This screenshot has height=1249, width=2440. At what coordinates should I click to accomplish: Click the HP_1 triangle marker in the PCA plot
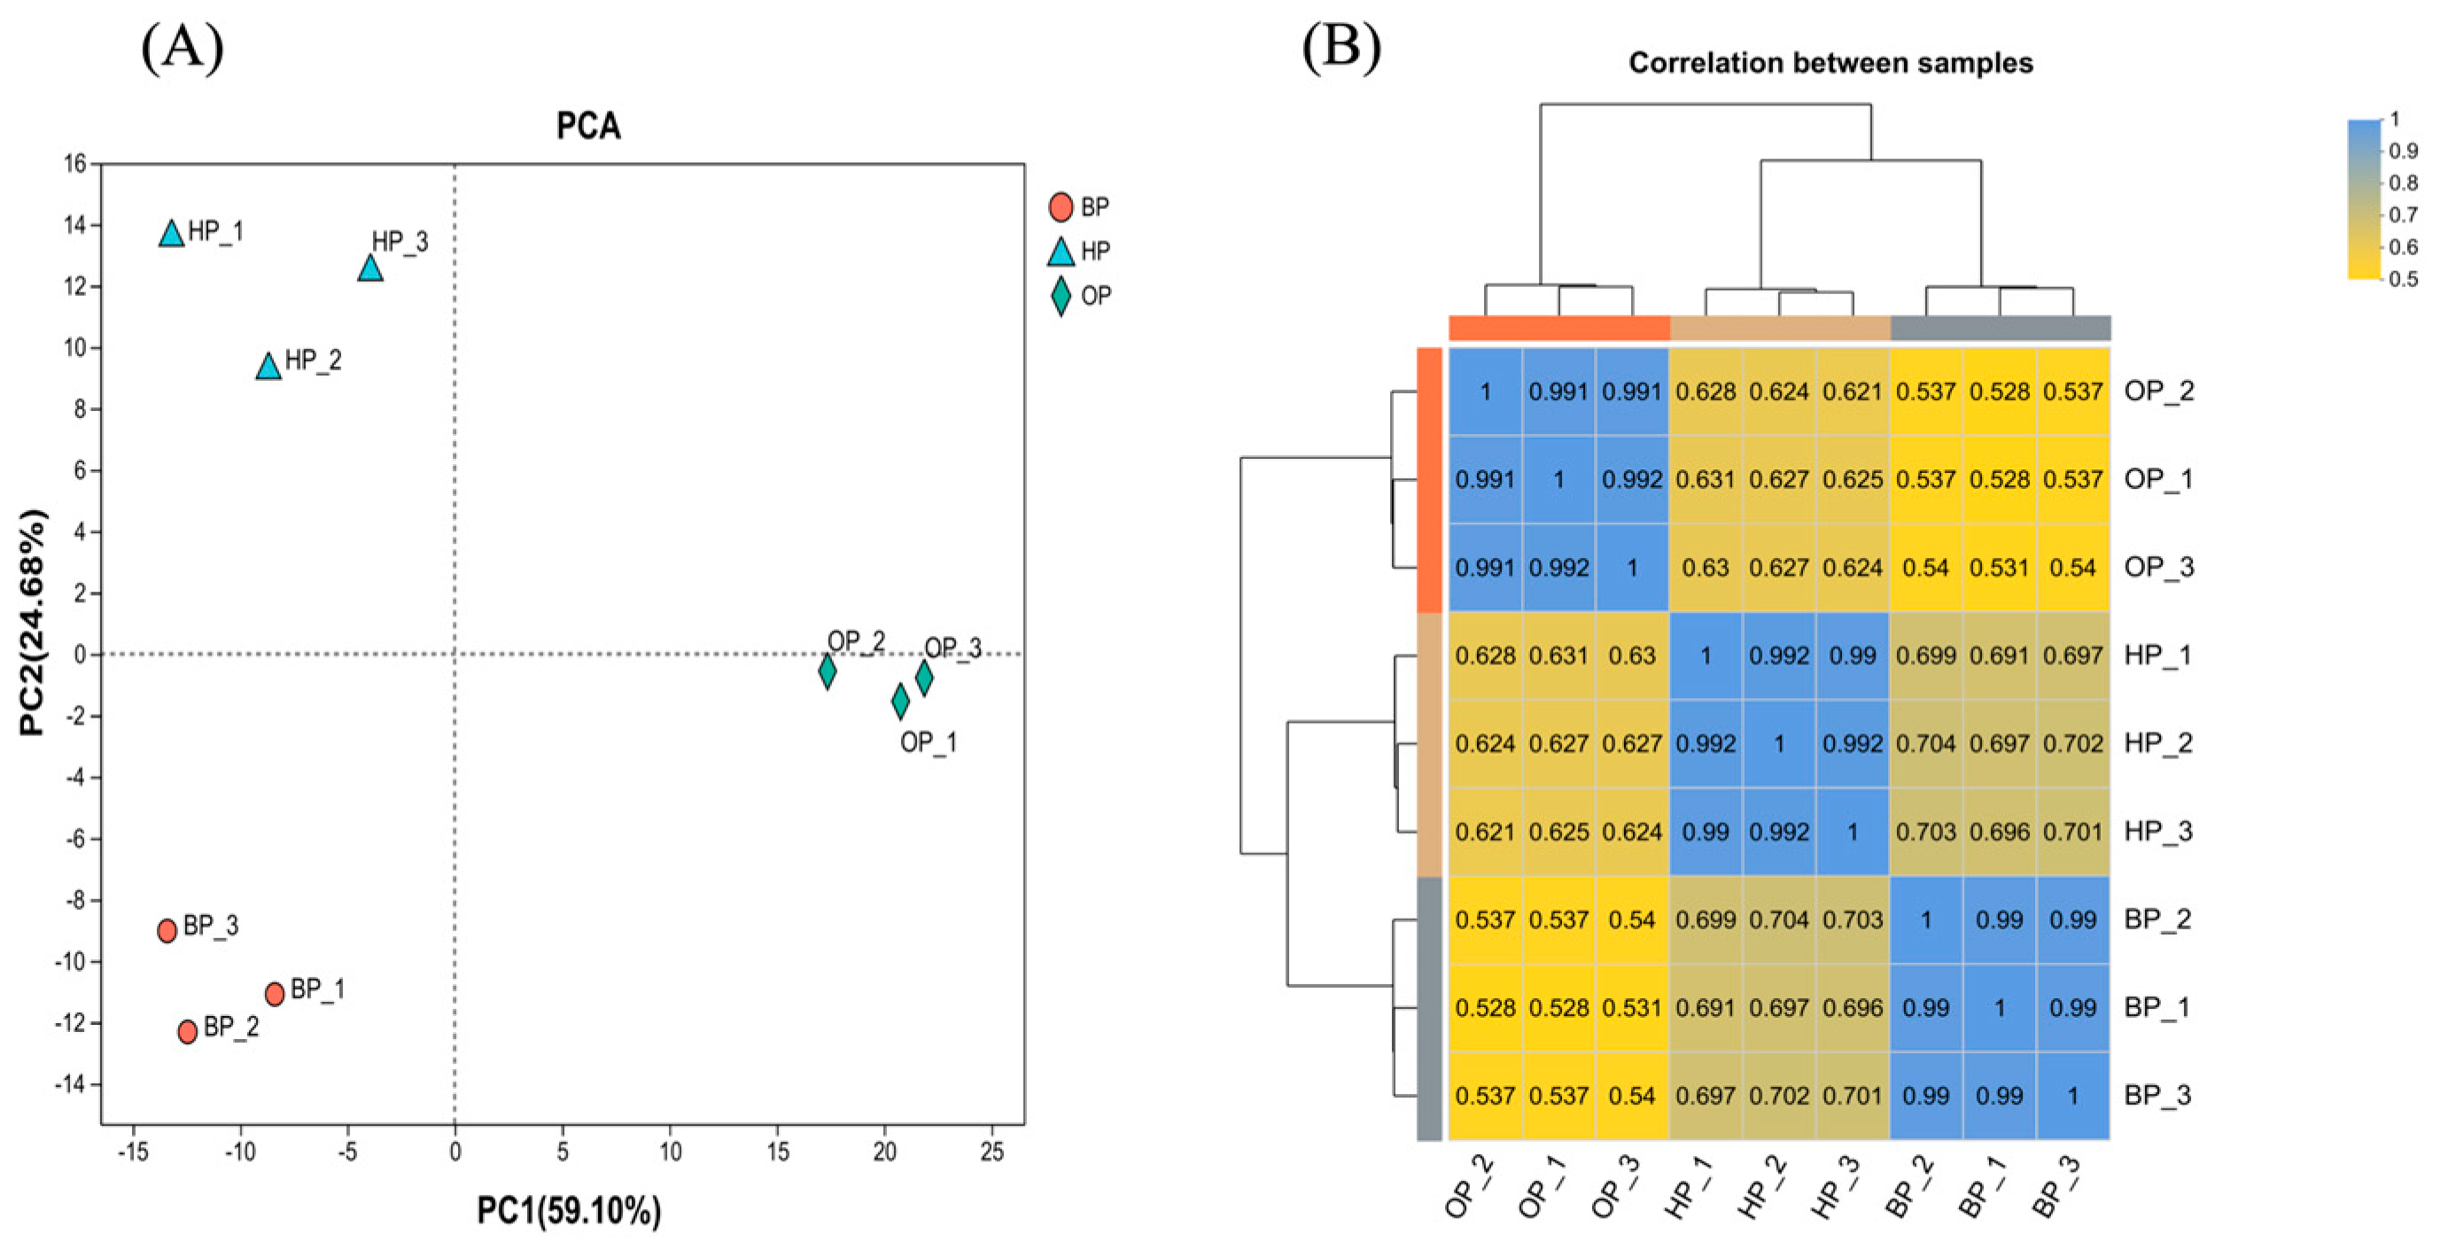(172, 233)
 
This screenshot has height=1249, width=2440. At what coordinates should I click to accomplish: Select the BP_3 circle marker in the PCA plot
(167, 930)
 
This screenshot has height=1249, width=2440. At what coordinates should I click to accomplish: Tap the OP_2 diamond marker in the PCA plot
(827, 671)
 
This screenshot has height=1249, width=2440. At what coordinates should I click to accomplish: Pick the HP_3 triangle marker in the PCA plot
(370, 269)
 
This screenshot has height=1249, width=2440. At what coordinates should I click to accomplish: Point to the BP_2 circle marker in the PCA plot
(188, 1030)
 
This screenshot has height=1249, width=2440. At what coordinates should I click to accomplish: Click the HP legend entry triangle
(1061, 252)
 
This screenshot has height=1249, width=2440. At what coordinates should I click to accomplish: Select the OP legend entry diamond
(1061, 297)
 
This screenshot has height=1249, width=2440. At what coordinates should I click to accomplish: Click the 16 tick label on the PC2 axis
(74, 165)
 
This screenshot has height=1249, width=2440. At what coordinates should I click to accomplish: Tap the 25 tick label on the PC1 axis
(991, 1152)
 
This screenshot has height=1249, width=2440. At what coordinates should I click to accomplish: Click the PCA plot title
(588, 126)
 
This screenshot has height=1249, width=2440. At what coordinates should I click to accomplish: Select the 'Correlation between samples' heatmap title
(1830, 64)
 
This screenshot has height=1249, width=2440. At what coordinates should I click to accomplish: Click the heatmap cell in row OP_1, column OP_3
(1632, 480)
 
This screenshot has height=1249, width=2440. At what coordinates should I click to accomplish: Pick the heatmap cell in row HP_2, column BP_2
(1925, 744)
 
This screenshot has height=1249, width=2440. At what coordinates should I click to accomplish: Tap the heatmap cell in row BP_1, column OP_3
(1632, 1008)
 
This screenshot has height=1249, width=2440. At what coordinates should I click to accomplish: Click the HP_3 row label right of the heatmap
(2157, 832)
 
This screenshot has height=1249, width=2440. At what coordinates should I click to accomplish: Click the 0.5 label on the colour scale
(2403, 279)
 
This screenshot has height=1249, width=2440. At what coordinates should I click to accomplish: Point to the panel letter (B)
(1341, 45)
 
